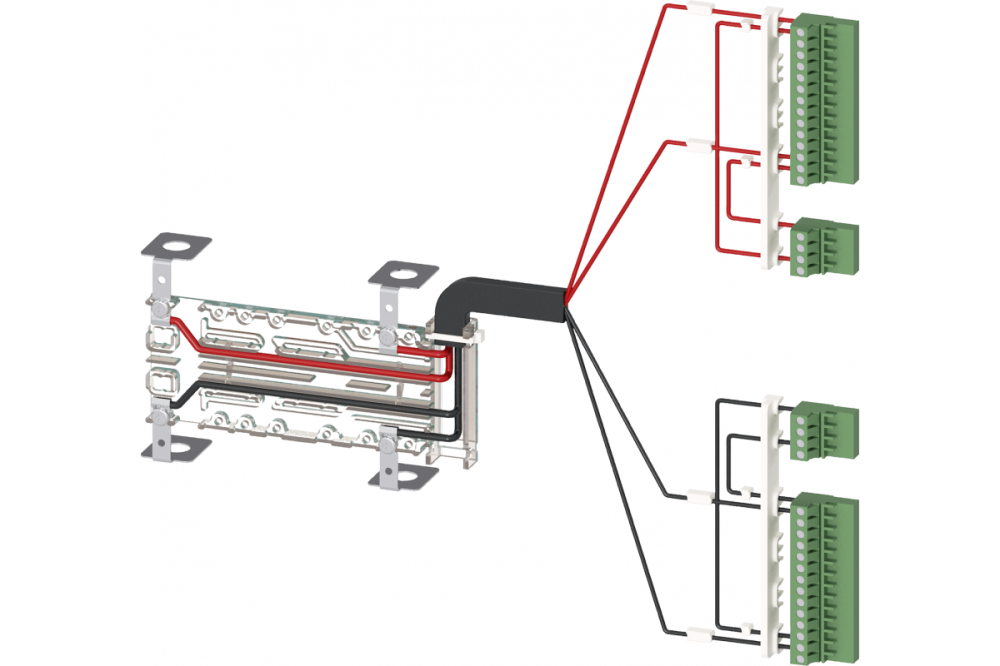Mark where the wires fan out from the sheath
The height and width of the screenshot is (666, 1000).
coord(566,296)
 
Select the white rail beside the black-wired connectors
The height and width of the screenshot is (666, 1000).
coord(772,520)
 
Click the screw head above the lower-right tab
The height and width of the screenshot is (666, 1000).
coord(388,441)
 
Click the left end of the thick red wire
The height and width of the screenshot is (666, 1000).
coord(176,322)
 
